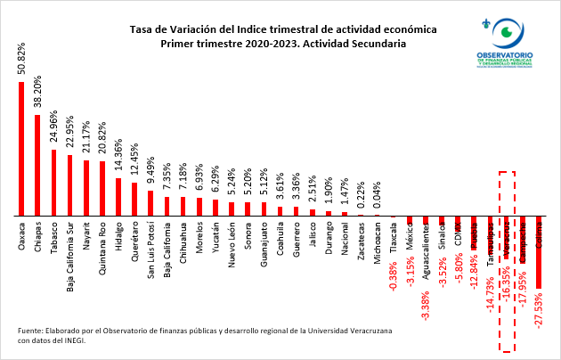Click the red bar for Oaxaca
point(21,149)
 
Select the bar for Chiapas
point(37,165)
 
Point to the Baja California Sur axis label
point(69,254)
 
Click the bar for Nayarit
point(85,188)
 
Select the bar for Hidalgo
point(118,197)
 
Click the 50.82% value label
point(21,59)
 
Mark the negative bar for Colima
point(540,252)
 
